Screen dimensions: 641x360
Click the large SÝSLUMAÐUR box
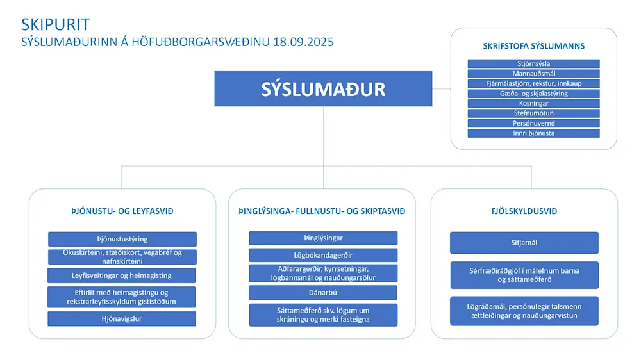323,88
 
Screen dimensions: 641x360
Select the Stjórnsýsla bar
533,64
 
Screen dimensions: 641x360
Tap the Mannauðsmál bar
533,74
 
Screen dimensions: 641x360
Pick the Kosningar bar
533,103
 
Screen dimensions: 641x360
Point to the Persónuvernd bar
533,123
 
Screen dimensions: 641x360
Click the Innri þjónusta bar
533,133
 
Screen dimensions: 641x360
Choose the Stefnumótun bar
533,113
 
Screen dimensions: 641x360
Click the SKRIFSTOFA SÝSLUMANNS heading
533,46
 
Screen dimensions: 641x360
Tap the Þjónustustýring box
122,239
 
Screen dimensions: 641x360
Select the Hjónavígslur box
122,318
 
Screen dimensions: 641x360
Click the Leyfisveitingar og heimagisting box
122,276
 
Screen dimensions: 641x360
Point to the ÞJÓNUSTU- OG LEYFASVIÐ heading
122,211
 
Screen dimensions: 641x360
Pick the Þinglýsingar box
323,238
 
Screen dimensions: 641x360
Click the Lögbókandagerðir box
323,255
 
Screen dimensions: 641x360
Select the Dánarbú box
323,293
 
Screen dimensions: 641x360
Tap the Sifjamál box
524,243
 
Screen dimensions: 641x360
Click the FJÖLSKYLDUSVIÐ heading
524,211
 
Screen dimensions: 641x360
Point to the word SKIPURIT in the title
55,25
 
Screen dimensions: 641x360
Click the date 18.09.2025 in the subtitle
303,42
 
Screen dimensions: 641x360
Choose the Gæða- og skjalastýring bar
533,94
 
